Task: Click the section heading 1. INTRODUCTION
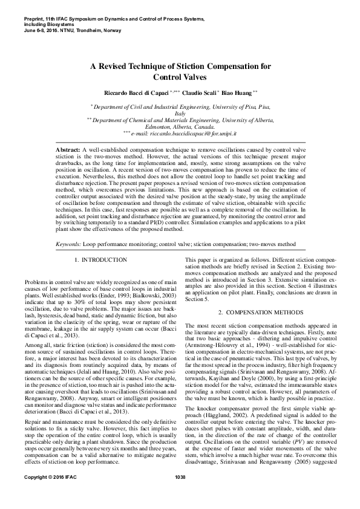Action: coord(100,260)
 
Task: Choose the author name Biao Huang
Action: coord(240,92)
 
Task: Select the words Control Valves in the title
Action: coord(180,77)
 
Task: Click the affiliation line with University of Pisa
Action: coord(180,106)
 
